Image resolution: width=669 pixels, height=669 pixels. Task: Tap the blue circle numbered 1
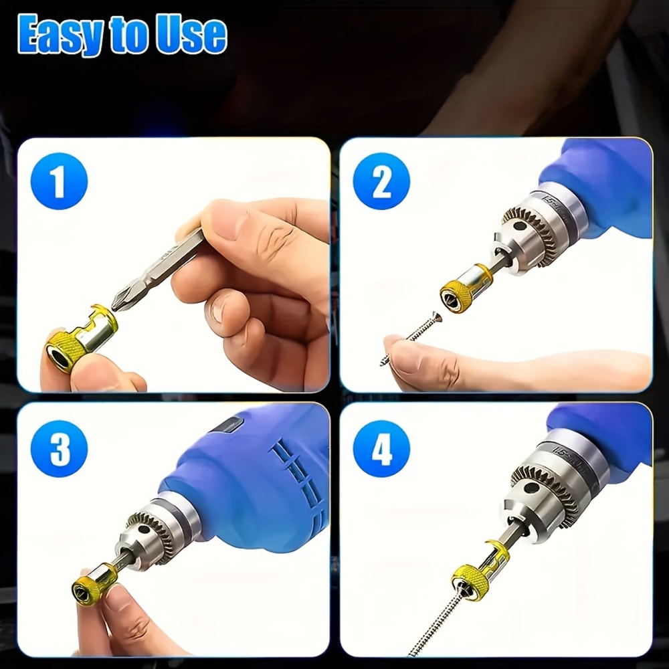tap(60, 181)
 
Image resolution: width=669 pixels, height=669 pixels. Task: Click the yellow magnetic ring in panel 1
tap(79, 337)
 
